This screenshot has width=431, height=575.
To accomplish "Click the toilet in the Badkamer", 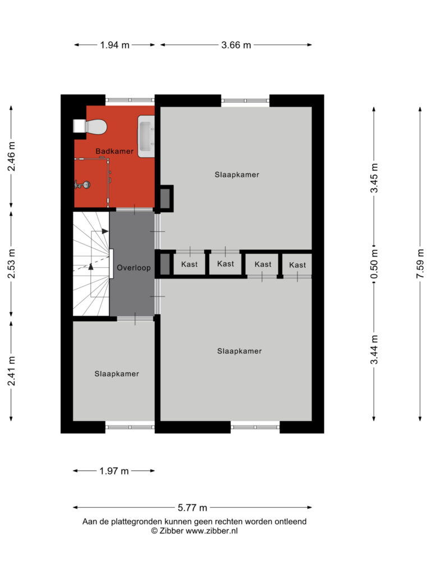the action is [90, 126].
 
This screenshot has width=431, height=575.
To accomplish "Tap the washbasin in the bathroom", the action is [146, 136].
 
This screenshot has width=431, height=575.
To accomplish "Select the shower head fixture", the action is [82, 185].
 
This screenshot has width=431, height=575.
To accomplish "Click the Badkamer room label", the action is [114, 151].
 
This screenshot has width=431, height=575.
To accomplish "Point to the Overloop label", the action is [134, 268].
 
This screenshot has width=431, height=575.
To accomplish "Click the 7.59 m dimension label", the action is [420, 264].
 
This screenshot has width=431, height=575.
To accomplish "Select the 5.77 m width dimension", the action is [192, 508].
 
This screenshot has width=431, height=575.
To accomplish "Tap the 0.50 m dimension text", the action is [374, 264].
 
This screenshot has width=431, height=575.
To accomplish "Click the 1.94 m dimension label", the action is [114, 45].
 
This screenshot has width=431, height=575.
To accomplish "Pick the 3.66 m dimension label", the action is [236, 45].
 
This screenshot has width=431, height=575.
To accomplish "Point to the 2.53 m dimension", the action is [11, 264].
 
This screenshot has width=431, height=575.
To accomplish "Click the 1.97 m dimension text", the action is [114, 471].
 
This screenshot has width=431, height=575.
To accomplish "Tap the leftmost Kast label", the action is [190, 264].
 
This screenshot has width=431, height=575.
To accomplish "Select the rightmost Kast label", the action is [297, 265].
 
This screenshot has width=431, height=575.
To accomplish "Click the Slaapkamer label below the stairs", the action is [117, 373].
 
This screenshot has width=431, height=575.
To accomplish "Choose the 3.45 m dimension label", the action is [374, 178].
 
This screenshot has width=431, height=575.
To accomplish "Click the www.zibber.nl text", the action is [212, 531].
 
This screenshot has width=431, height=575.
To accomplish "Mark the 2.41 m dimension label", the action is [11, 371].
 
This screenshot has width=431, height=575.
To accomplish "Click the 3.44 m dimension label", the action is [374, 350].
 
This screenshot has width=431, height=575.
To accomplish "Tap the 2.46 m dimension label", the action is [11, 156].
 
